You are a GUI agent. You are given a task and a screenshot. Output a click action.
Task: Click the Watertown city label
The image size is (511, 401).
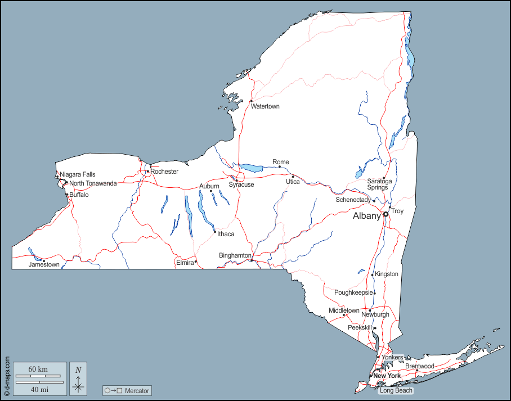coord(265,106)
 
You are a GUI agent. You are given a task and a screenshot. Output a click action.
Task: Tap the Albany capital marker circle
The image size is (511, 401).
coord(386,214)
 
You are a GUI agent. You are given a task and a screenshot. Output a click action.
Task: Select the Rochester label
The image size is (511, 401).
coord(164,172)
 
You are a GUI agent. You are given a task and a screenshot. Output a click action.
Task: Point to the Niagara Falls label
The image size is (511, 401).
coord(78,174)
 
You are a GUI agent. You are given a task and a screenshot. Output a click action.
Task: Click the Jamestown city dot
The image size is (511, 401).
coord(43,260)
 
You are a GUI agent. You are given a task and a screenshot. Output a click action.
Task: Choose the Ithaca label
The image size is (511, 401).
coord(226,234)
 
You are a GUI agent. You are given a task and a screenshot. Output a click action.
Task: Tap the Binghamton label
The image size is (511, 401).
coord(235,255)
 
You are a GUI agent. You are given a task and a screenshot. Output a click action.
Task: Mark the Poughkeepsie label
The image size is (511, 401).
coord(353,292)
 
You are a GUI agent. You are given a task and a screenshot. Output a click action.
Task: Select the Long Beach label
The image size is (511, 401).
coord(396,390)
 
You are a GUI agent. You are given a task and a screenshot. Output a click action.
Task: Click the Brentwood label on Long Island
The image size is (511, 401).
coord(419,366)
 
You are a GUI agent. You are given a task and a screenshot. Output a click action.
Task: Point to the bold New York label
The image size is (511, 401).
coord(387,376)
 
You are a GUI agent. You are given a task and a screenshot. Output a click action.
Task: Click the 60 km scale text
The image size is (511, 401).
coord(38,369)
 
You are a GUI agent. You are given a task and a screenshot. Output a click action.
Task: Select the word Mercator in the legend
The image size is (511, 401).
coord(137,390)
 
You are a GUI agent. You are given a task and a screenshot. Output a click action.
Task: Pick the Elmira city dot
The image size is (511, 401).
coord(196,262)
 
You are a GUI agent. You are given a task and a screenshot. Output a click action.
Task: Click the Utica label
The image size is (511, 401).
coord(293,182)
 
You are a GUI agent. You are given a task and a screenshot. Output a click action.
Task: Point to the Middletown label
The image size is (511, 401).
coord(344,310)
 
